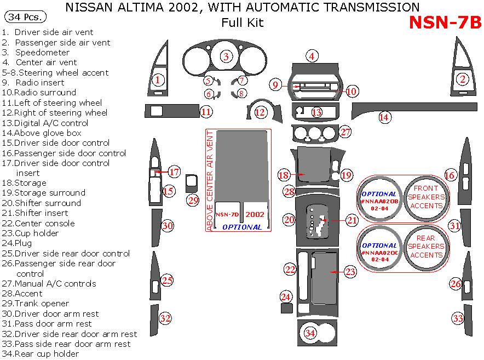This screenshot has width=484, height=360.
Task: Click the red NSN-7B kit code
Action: tap(445, 22)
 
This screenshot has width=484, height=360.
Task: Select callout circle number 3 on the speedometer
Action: tap(226, 56)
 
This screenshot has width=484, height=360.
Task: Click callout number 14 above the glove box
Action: tap(384, 117)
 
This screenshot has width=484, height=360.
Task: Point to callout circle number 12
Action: tap(260, 112)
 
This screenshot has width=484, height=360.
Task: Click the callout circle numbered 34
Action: tap(310, 333)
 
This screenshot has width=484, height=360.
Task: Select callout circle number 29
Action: tap(193, 200)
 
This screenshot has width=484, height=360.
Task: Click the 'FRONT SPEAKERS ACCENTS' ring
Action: tap(426, 197)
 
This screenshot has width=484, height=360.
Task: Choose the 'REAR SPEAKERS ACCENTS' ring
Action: tap(426, 246)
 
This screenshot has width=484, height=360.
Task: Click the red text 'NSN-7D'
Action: tap(226, 214)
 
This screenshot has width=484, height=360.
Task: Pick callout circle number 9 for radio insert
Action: tap(276, 84)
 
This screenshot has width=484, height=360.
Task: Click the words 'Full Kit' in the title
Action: tap(242, 22)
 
